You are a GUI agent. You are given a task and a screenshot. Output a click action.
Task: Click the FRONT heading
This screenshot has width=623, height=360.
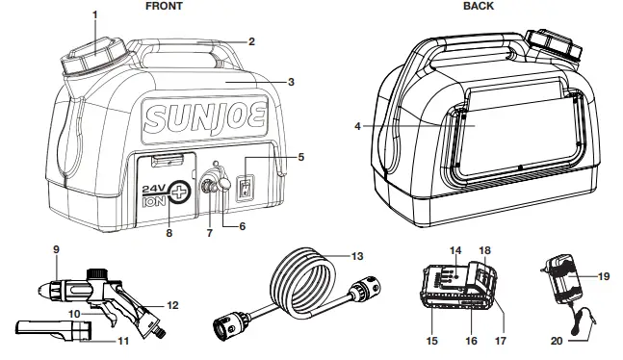[163, 6]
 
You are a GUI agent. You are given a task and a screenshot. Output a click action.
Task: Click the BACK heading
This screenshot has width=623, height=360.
[479, 6]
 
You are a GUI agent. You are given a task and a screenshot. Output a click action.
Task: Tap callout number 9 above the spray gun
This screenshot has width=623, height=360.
[57, 250]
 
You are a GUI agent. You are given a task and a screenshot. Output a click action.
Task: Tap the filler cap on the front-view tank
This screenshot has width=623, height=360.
[91, 58]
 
